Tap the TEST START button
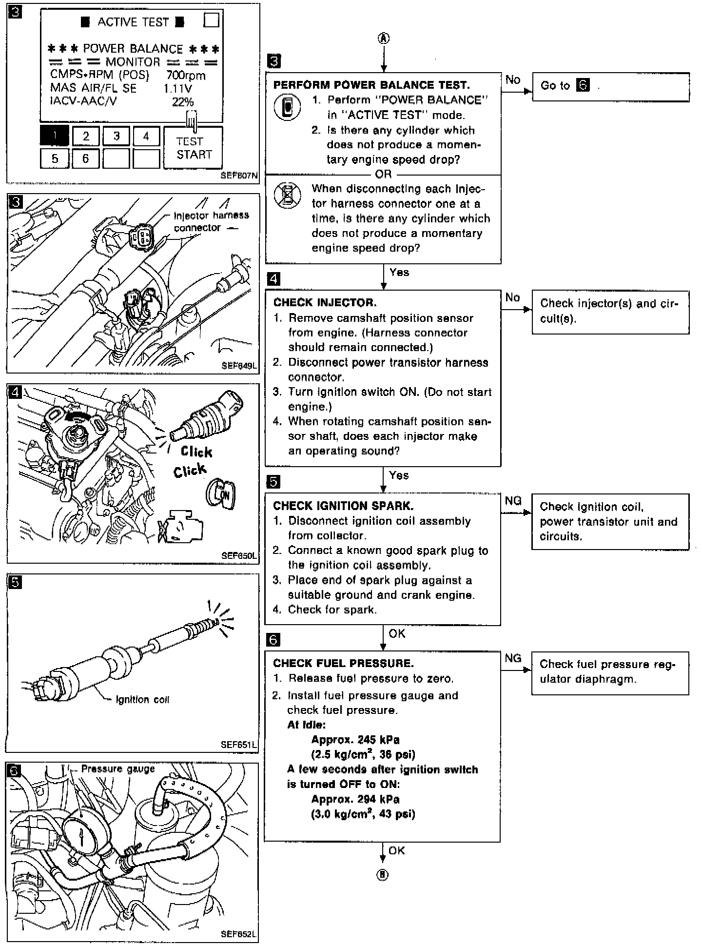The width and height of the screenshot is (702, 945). click(x=193, y=148)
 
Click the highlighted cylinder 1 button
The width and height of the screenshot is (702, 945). click(x=54, y=136)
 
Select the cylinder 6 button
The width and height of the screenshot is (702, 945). click(x=85, y=158)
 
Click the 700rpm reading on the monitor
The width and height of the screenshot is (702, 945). click(x=185, y=76)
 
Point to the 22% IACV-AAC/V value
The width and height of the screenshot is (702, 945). click(x=183, y=102)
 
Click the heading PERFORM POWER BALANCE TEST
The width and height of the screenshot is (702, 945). click(x=371, y=85)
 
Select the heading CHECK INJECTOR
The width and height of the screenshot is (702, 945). click(x=325, y=302)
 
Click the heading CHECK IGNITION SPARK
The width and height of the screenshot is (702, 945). click(x=343, y=506)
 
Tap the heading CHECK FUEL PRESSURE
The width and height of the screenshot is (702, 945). click(x=343, y=663)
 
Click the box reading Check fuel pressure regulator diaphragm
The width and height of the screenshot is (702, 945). click(x=610, y=672)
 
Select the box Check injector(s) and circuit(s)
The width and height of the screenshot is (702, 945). click(x=610, y=312)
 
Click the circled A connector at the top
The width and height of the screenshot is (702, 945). click(x=384, y=39)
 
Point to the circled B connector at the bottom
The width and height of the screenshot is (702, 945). click(x=383, y=874)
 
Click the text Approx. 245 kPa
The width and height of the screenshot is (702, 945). click(x=355, y=739)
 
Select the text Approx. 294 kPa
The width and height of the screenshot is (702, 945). click(x=355, y=799)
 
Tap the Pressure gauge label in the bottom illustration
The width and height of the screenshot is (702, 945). click(x=117, y=769)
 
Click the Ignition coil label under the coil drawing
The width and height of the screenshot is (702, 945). click(x=142, y=700)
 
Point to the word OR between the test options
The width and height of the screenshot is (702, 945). click(x=383, y=174)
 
